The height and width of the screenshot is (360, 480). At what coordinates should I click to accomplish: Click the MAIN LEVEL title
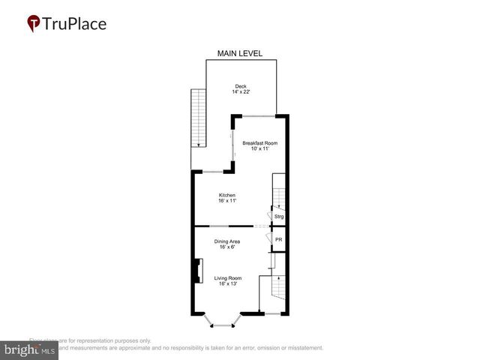click(x=239, y=54)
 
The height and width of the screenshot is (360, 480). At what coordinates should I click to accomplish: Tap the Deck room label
click(x=240, y=85)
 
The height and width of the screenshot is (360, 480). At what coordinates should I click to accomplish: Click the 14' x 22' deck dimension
click(x=240, y=91)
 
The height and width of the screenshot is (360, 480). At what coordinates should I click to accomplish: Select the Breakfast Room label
click(x=259, y=142)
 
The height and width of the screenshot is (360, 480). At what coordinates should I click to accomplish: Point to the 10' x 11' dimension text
click(x=259, y=148)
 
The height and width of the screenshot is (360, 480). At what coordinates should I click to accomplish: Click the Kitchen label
click(x=226, y=195)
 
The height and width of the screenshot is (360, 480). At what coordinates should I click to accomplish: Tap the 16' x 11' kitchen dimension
click(x=226, y=201)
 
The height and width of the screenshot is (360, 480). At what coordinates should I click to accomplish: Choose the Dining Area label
click(x=226, y=241)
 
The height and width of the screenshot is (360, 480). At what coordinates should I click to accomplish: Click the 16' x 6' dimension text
click(x=226, y=247)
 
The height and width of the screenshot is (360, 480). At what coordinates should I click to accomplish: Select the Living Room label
click(x=226, y=278)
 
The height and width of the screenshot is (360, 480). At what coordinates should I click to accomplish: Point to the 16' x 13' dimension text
click(x=226, y=284)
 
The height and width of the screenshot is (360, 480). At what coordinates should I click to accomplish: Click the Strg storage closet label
click(x=278, y=217)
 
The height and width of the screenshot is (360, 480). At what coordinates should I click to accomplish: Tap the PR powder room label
click(x=278, y=240)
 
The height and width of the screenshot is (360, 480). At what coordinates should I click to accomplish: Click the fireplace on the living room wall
click(x=198, y=271)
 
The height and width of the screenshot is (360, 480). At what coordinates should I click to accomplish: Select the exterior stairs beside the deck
click(x=199, y=118)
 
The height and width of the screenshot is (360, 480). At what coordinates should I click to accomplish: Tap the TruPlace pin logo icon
click(x=34, y=24)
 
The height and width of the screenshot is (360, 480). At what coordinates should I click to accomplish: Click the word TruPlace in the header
click(x=75, y=24)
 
